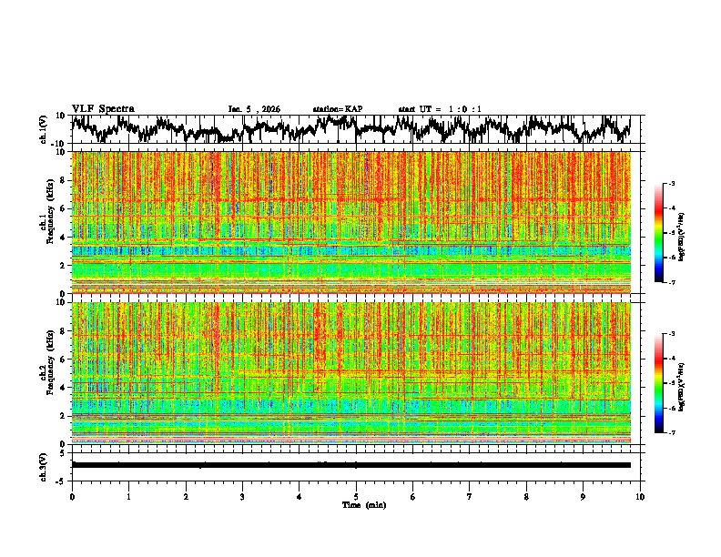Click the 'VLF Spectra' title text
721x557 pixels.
103,109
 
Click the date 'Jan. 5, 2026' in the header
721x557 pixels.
254,109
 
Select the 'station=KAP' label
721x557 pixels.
338,109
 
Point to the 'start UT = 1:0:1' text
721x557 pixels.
440,109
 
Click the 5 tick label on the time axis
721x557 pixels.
356,497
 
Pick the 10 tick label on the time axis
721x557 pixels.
640,497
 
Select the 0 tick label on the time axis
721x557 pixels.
72,497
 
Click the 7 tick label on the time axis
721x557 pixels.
470,497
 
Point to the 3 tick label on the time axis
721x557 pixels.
242,497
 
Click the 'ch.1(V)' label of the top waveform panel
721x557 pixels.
43,129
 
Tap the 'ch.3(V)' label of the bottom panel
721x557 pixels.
43,464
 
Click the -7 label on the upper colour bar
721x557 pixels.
672,283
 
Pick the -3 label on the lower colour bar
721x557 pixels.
672,335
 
